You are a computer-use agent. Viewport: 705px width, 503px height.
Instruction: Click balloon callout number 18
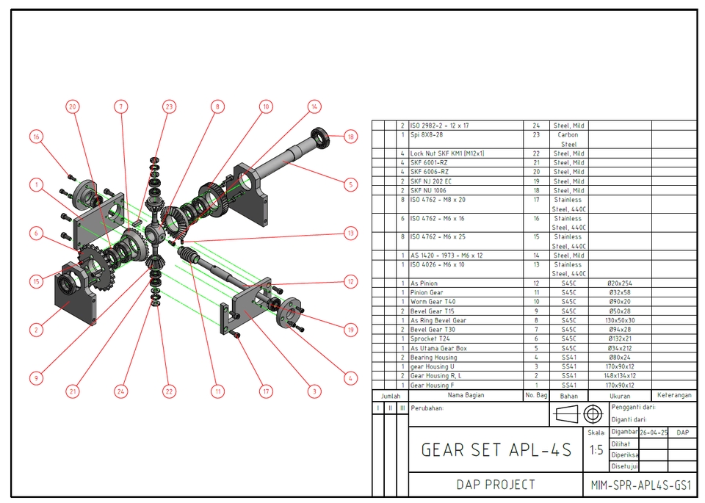350,137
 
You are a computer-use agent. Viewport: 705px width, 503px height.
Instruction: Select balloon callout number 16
36,137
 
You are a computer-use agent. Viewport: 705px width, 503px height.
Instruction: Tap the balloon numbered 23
169,106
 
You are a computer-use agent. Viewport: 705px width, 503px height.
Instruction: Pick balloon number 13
350,234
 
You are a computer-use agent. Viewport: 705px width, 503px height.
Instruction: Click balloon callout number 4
350,378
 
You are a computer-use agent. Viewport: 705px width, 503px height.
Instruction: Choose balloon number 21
73,392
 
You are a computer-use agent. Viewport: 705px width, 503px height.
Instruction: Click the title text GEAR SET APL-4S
496,449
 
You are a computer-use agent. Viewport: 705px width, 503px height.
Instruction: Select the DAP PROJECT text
496,485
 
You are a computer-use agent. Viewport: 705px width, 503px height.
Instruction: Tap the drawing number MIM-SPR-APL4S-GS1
641,485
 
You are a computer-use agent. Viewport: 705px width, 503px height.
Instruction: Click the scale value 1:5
596,450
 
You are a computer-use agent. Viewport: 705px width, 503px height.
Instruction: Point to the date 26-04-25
654,433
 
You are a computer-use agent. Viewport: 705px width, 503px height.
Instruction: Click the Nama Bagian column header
466,395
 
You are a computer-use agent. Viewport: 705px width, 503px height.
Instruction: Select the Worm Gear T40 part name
433,302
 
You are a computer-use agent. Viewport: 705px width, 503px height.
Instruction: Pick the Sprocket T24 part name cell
430,339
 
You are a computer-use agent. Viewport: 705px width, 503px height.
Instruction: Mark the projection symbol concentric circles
592,415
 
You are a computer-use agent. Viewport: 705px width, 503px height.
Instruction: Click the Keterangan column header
674,395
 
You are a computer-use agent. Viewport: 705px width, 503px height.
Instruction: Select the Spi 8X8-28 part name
427,135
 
